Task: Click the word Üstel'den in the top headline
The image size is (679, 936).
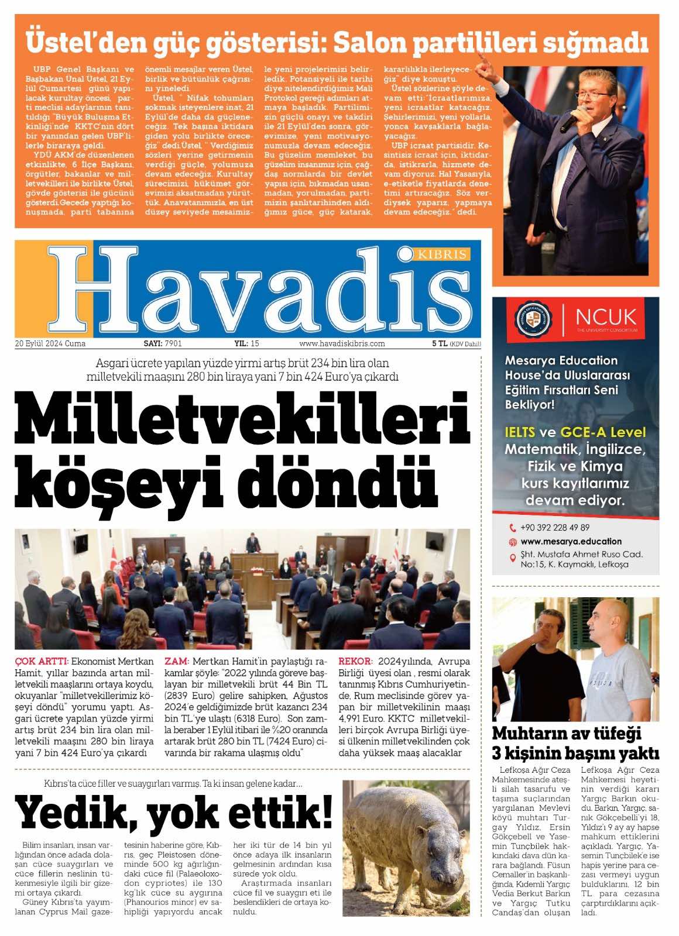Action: pyautogui.click(x=83, y=42)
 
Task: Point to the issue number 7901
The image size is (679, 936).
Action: pyautogui.click(x=173, y=344)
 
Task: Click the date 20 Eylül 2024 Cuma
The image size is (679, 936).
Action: pyautogui.click(x=50, y=344)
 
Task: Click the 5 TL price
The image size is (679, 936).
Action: pyautogui.click(x=439, y=344)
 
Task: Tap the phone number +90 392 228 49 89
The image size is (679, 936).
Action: pyautogui.click(x=554, y=527)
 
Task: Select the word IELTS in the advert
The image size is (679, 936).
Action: pyautogui.click(x=520, y=432)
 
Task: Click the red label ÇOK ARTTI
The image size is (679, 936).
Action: pyautogui.click(x=42, y=662)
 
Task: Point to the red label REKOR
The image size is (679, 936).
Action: pyautogui.click(x=355, y=662)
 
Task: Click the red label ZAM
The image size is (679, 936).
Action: pyautogui.click(x=176, y=662)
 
